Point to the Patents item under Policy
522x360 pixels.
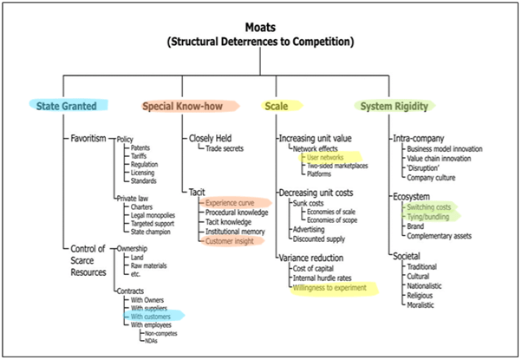(x=141, y=147)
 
